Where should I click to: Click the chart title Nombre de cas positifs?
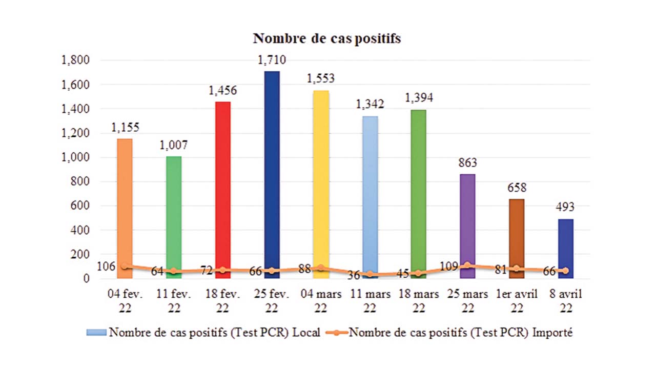[x=327, y=39]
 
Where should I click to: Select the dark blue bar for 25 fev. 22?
[x=272, y=169]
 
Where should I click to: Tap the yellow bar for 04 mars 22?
[x=321, y=179]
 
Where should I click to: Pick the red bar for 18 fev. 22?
[x=222, y=184]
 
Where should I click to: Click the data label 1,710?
[x=272, y=60]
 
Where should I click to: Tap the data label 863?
[x=467, y=163]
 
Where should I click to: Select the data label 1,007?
[x=173, y=145]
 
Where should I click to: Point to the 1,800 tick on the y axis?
[x=75, y=60]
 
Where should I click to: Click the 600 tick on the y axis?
[x=82, y=206]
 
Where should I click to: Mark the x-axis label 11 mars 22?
[x=370, y=301]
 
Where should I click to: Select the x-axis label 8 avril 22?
[x=566, y=301]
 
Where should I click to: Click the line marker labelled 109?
[x=467, y=265]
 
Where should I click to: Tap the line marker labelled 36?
[x=370, y=274]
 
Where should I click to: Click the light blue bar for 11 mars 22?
[x=370, y=195]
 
